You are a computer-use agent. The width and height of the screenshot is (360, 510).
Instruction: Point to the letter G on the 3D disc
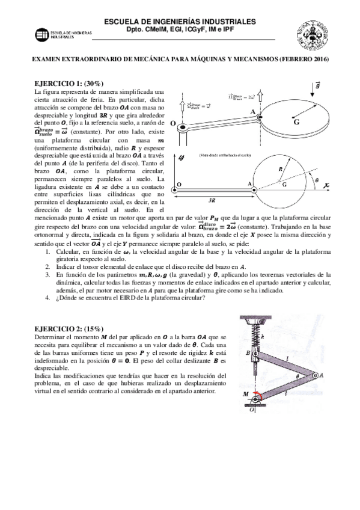click(x=296, y=121)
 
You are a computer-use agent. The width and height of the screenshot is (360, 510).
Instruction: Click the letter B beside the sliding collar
click(x=239, y=354)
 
